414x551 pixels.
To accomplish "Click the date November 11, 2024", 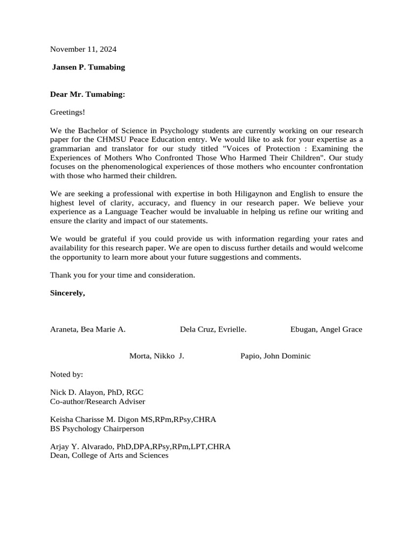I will [83, 49].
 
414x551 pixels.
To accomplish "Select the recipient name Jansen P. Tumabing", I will [88, 67].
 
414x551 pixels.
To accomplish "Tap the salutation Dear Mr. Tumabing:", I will [87, 94].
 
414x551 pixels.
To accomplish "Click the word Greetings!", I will [67, 112].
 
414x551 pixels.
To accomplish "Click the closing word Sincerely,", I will [67, 293].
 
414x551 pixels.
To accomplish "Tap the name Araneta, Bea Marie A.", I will [88, 329].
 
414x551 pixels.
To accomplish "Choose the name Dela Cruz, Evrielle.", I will [213, 329].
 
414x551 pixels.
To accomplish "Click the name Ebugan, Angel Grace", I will [326, 329].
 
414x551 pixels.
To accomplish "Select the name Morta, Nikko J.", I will [157, 356].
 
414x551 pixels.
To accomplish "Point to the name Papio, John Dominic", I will [275, 356].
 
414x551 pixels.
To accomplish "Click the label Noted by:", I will [67, 374].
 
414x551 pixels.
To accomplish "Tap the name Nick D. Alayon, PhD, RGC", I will [97, 392].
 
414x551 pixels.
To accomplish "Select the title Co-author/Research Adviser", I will [98, 401].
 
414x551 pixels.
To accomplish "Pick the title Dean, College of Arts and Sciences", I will [109, 455].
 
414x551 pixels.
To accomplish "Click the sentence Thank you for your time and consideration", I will [122, 275].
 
